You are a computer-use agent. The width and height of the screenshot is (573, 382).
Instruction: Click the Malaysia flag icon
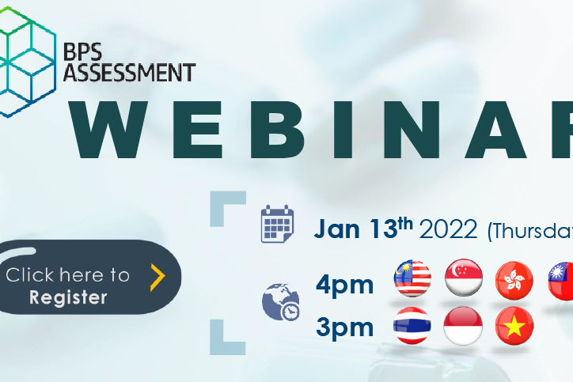pos(412,278)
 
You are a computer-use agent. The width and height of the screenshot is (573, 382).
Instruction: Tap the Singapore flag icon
pos(464,278)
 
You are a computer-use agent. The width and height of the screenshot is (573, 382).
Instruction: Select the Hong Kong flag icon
pos(514,280)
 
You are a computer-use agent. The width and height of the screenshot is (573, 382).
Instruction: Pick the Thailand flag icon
pos(412,326)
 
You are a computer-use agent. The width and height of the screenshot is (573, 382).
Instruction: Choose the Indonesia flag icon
pos(463,326)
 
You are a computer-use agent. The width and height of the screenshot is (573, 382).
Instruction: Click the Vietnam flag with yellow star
pos(514,326)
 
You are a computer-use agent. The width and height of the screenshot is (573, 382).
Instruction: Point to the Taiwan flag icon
pos(560,281)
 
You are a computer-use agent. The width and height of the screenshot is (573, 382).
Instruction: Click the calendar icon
pos(277,224)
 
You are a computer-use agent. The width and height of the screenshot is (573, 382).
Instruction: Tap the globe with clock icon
pos(281,301)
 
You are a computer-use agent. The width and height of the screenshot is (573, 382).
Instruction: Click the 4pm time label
pos(344,285)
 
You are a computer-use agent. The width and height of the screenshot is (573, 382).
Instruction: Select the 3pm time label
pos(344,327)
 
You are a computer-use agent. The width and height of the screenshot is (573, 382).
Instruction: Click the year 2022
pos(448,229)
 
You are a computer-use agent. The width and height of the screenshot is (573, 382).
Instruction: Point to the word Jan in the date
pos(336,229)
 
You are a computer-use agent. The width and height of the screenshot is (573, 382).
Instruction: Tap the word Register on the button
pos(68,297)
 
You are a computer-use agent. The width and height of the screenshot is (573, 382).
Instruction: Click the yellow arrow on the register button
pos(157,278)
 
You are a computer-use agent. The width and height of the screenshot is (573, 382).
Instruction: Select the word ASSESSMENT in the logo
pos(130,72)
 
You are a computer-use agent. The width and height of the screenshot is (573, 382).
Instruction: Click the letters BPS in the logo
pos(82,51)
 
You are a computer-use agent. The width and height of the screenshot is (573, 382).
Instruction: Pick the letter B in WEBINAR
pos(277,129)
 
